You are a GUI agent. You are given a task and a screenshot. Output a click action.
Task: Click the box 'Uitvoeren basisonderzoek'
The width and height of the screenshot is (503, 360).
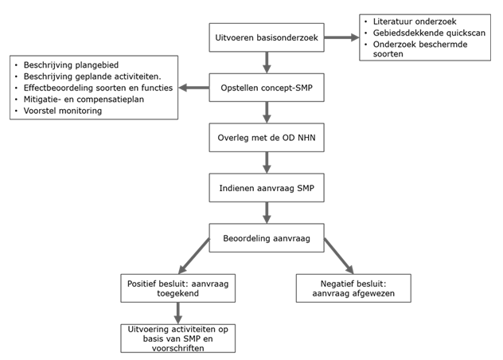tap(267, 37)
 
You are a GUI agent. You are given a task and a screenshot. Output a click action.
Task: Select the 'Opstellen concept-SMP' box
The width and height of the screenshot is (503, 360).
tap(267, 88)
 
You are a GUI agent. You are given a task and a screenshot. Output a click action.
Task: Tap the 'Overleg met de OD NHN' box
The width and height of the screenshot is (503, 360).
tap(267, 138)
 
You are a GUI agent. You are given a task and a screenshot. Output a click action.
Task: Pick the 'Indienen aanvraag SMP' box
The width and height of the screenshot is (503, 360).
tap(267, 188)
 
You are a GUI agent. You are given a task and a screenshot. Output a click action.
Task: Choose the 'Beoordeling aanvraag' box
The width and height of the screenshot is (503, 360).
tap(267, 238)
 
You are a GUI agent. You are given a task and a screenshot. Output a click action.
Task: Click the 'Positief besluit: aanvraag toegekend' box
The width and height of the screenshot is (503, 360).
tap(178, 288)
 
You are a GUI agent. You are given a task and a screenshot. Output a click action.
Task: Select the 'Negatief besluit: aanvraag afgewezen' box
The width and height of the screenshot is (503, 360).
tap(353, 288)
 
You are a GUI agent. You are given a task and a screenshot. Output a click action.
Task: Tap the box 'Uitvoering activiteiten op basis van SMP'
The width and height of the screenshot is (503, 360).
tap(178, 338)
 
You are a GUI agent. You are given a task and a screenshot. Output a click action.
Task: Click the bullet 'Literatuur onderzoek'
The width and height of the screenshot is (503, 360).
tap(415, 22)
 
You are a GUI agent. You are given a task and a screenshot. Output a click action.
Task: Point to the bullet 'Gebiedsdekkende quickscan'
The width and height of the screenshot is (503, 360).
tap(429, 33)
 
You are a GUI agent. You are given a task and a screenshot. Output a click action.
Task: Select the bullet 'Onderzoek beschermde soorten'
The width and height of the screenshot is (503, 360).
tap(420, 49)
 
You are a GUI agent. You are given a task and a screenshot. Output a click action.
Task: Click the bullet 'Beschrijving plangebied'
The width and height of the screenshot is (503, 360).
tap(71, 65)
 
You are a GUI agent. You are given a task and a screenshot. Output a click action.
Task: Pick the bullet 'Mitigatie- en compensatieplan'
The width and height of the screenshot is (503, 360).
tap(84, 100)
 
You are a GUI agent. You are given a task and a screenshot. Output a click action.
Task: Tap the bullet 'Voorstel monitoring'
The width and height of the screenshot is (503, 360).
tap(63, 111)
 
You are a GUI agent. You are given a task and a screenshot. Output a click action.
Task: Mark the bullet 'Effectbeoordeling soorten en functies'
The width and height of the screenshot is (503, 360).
tap(98, 88)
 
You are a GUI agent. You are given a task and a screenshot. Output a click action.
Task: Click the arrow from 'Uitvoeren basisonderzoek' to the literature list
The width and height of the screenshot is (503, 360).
tap(341, 37)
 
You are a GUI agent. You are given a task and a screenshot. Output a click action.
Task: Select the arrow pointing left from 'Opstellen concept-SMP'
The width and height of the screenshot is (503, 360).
tap(193, 88)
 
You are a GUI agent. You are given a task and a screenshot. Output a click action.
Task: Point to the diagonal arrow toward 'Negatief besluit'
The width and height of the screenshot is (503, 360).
tap(339, 256)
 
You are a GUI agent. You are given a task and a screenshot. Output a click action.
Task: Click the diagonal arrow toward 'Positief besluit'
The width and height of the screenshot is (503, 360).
tap(194, 256)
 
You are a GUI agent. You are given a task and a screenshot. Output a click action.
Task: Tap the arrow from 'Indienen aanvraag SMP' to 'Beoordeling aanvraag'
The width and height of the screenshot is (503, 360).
tap(267, 213)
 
